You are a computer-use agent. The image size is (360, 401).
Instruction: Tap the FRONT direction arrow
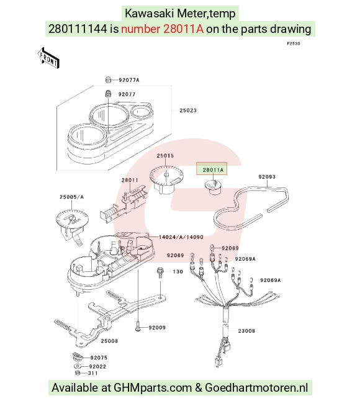pos(48,58)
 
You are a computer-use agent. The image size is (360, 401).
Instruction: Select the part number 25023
pos(188,110)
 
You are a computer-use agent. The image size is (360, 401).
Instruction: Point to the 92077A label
pos(129,80)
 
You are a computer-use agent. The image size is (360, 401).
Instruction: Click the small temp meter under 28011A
pos(214,186)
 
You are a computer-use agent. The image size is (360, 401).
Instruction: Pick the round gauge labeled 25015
pos(166,179)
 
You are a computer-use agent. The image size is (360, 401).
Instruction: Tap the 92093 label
pos(267,177)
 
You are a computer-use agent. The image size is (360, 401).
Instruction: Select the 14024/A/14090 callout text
pos(181,237)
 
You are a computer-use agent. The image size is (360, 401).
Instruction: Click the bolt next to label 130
pos(160,273)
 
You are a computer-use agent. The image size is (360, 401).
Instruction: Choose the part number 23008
pos(246,331)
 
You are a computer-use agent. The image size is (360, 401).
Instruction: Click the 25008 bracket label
pos(109,341)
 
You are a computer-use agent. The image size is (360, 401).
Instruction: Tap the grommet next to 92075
pos(76,356)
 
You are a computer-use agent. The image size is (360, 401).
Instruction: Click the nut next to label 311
pos(78,373)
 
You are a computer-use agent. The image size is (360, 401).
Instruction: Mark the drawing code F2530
pos(293,43)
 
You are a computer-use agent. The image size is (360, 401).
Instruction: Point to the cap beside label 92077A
pos(108,80)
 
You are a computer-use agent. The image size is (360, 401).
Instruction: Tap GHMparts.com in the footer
pos(153,388)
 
